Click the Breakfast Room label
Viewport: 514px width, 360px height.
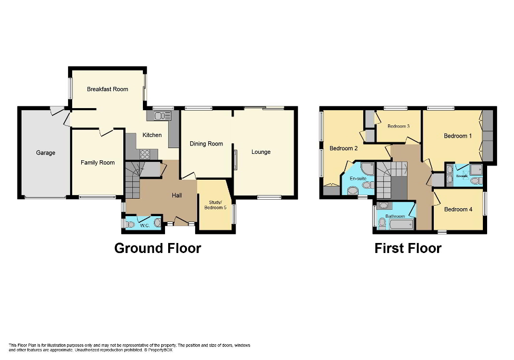coord(108,89)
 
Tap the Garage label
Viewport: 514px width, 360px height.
coord(45,153)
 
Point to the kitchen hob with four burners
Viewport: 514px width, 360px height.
coord(145,154)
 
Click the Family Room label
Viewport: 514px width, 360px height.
coord(98,162)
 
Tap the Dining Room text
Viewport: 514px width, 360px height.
coord(206,143)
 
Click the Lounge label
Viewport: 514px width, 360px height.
coord(260,152)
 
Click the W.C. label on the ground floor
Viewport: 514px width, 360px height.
coord(144,226)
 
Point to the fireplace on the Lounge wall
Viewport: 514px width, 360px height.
coord(236,160)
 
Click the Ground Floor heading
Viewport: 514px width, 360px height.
coord(158,248)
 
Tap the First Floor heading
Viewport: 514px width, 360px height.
coord(408,248)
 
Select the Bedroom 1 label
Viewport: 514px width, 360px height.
coord(457,136)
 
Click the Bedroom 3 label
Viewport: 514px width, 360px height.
coord(398,126)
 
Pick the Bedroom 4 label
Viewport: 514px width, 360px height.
coord(458,209)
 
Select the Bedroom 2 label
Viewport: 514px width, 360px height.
coord(343,149)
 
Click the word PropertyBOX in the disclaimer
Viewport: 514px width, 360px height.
coord(160,350)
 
